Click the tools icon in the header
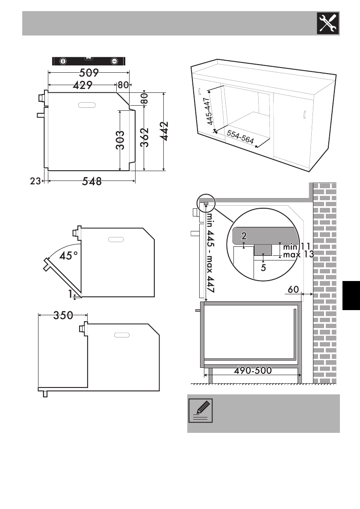tap(328, 24)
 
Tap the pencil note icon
tap(201, 411)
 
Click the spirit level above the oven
tap(89, 61)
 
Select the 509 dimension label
tap(89, 72)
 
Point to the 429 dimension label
tap(83, 85)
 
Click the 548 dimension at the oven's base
tap(92, 181)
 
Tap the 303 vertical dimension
tap(120, 140)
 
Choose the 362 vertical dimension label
tap(145, 137)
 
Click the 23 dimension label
tap(35, 181)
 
